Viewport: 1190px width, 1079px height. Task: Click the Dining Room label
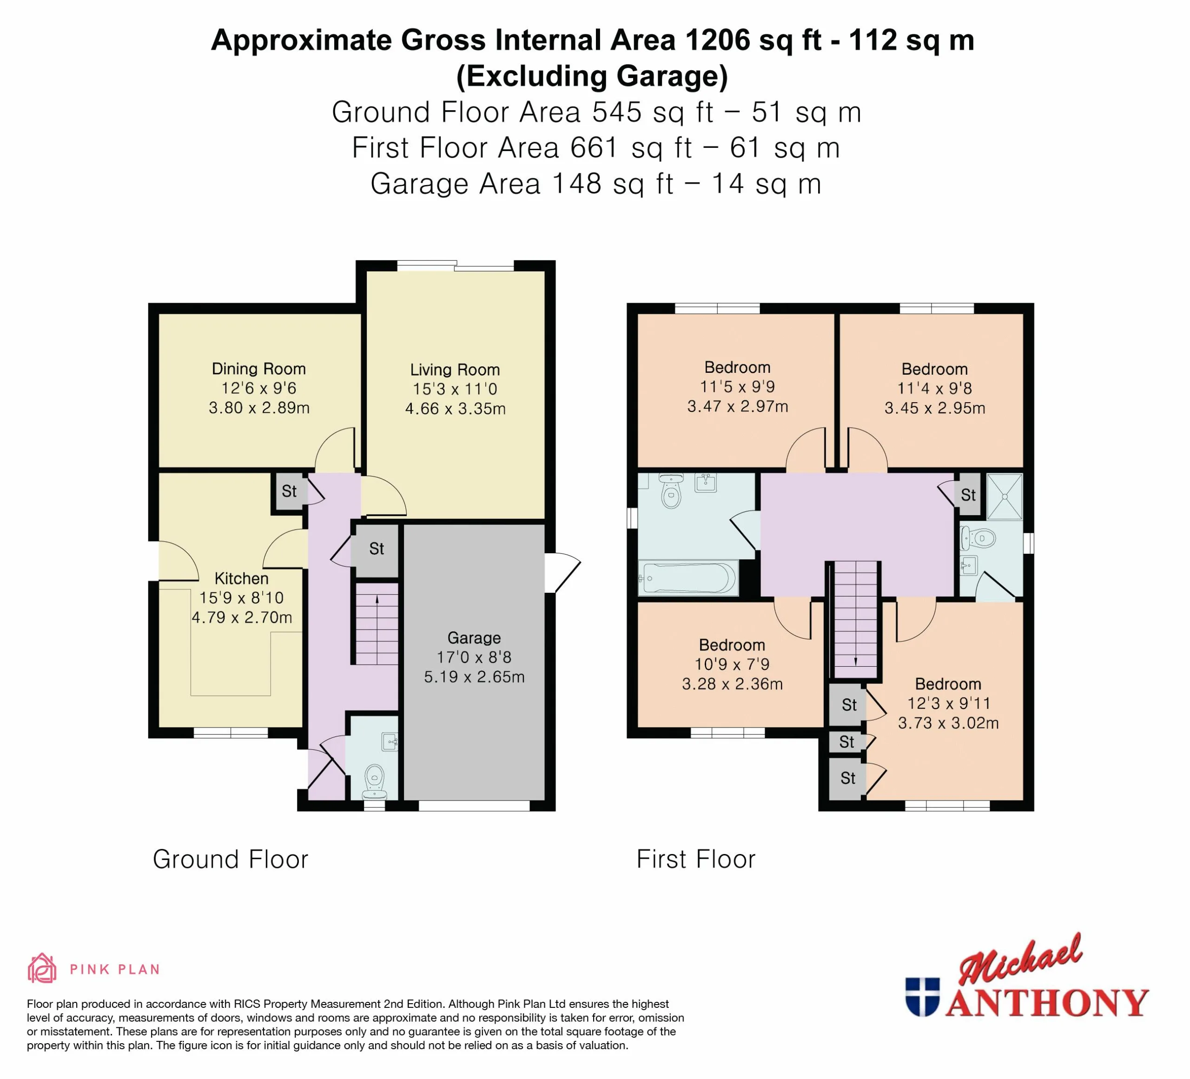pyautogui.click(x=258, y=369)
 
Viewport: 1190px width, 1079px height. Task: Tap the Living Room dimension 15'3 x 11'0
pyautogui.click(x=455, y=389)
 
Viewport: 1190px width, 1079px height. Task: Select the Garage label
pyautogui.click(x=474, y=638)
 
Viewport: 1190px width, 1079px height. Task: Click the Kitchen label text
pyautogui.click(x=241, y=578)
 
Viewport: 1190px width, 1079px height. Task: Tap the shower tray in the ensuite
pyautogui.click(x=1004, y=496)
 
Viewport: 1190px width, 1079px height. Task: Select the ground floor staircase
pyautogui.click(x=376, y=624)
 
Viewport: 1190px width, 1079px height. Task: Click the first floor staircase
pyautogui.click(x=855, y=620)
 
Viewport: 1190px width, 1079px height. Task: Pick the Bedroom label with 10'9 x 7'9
pyautogui.click(x=732, y=645)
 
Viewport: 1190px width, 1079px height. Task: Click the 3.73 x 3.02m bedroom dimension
pyautogui.click(x=948, y=723)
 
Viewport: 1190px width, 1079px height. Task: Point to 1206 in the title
pyautogui.click(x=718, y=40)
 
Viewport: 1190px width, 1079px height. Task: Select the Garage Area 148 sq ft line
pyautogui.click(x=595, y=184)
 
